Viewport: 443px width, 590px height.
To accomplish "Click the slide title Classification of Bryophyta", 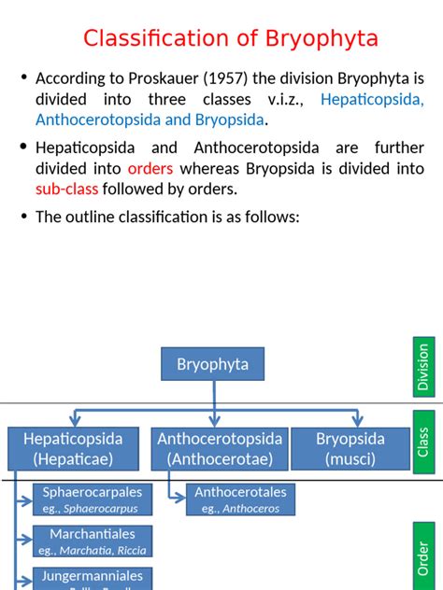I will tap(230, 38).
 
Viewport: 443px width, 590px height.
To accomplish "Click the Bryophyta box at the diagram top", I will tap(213, 364).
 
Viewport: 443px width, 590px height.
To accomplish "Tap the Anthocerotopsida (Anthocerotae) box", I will tap(220, 448).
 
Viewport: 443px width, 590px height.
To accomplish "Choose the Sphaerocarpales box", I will tap(90, 499).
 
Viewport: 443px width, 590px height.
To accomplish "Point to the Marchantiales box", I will tap(90, 541).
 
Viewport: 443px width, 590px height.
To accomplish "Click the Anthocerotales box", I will tap(240, 499).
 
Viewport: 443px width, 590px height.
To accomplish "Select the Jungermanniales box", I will tap(90, 578).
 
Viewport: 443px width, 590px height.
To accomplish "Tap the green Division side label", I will tap(423, 366).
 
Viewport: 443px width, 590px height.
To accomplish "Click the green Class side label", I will tap(423, 448).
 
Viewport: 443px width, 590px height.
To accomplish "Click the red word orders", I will tap(150, 168).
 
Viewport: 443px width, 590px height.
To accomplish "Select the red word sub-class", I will tap(67, 189).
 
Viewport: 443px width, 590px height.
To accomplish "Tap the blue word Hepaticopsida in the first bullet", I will tap(372, 98).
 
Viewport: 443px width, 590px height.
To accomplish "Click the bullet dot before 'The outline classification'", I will tap(24, 217).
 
